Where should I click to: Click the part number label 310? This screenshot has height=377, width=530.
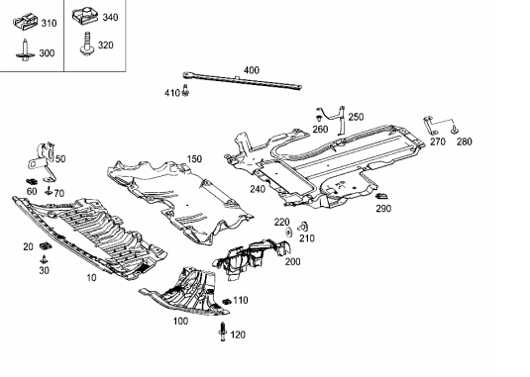tap(49, 24)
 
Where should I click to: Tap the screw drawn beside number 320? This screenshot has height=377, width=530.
tap(87, 44)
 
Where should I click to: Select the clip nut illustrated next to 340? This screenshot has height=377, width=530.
tap(85, 16)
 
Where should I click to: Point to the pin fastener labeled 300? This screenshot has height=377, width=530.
tap(25, 50)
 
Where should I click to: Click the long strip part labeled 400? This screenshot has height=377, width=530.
tap(242, 81)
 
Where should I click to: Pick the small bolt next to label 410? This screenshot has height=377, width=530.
tap(185, 90)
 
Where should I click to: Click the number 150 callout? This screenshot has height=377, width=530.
tap(194, 159)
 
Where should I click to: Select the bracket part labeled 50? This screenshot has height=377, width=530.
tap(43, 160)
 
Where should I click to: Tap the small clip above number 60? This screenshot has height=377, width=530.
tap(32, 182)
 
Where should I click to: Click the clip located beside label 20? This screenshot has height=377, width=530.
tap(45, 245)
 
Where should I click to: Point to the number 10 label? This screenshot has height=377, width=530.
tap(91, 277)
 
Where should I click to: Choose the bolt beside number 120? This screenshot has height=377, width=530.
tap(223, 331)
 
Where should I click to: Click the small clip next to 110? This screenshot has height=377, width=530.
tap(227, 301)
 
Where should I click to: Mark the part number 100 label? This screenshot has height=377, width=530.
tap(181, 321)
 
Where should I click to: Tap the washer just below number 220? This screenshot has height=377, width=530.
tap(289, 232)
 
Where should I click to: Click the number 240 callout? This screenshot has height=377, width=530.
tap(258, 189)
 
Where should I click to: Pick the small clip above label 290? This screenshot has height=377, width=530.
tap(382, 196)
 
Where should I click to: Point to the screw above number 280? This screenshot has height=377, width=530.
tap(455, 130)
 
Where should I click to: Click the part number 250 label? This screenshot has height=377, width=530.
tap(356, 117)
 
